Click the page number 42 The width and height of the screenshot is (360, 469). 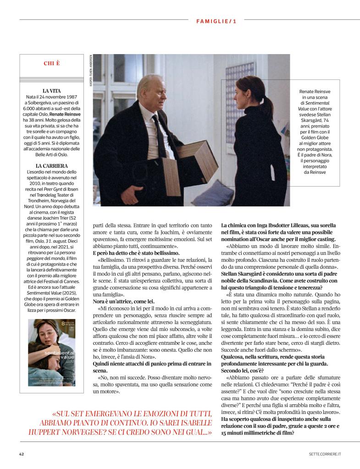pyautogui.click(x=22, y=454)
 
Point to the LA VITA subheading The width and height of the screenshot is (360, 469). pyautogui.click(x=51, y=91)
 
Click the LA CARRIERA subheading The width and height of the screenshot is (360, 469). pyautogui.click(x=51, y=166)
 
